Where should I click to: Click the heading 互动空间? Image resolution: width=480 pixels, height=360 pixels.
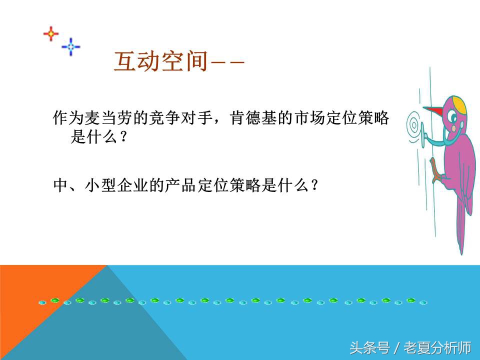[160, 61]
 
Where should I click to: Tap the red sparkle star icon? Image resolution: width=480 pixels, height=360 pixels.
[51, 34]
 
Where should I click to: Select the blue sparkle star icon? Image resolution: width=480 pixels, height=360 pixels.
[71, 46]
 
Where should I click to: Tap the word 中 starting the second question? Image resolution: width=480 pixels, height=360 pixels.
[59, 186]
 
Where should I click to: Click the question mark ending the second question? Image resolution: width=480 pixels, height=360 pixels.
[314, 186]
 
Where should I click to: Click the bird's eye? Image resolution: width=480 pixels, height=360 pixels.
[452, 118]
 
